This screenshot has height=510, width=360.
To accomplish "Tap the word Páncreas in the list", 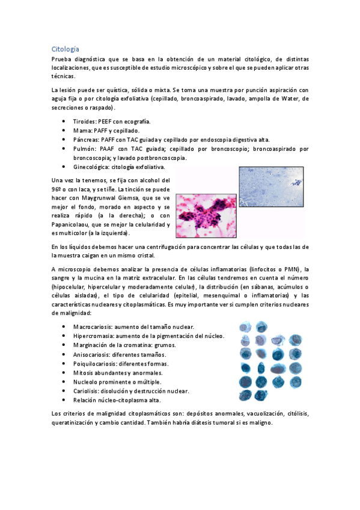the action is [x=87, y=140].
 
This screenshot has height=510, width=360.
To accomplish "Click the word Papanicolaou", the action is [x=74, y=224].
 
